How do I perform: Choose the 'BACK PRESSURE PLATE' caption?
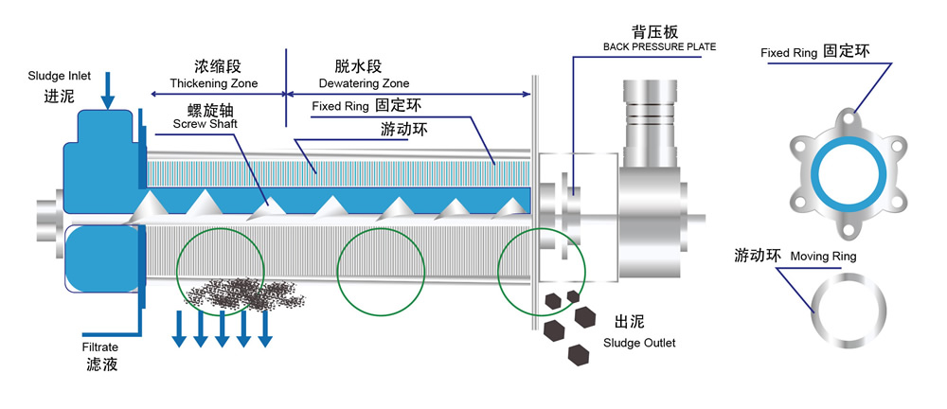click(658, 46)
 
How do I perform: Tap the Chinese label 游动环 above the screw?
click(402, 129)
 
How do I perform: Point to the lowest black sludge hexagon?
click(577, 354)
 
